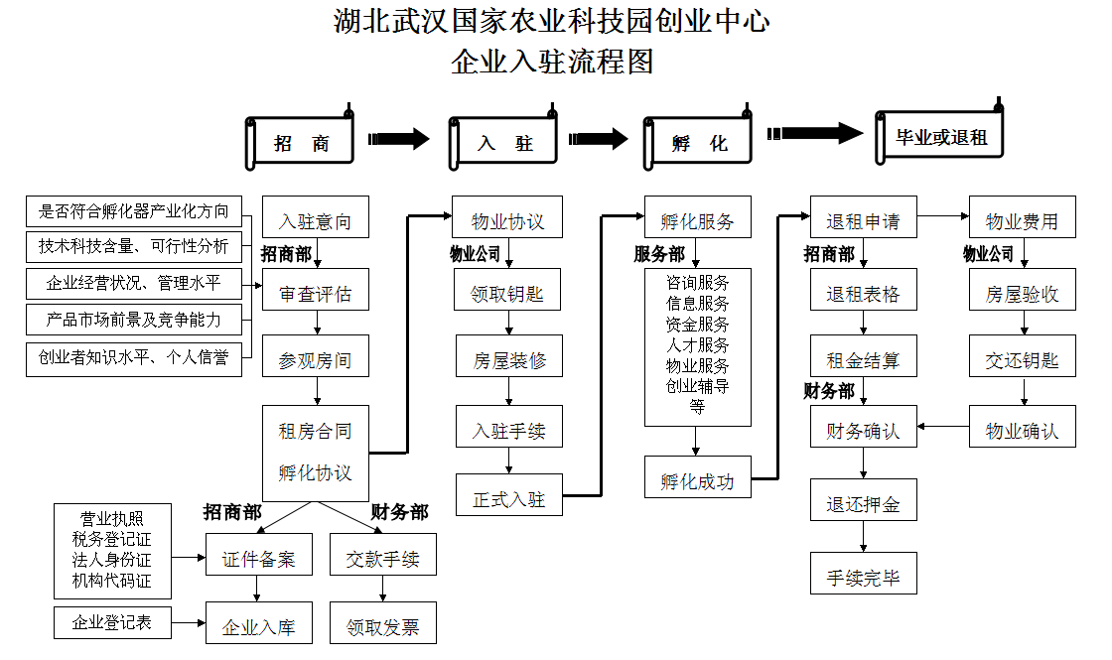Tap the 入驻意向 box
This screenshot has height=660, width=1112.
(315, 220)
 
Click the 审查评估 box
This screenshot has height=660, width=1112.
(315, 295)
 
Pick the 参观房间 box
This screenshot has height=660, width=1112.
(315, 360)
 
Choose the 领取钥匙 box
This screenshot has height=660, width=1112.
(508, 295)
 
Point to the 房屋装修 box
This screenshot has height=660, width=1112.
(508, 360)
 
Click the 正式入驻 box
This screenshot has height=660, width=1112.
(508, 498)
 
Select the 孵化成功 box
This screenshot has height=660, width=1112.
(697, 480)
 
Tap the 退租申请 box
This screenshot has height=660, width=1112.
(863, 220)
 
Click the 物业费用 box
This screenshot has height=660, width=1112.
(1022, 220)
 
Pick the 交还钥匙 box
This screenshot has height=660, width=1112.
(1022, 360)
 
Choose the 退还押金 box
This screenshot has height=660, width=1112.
(863, 504)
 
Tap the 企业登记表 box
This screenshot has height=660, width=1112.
(111, 623)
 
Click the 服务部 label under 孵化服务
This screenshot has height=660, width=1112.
(659, 255)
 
